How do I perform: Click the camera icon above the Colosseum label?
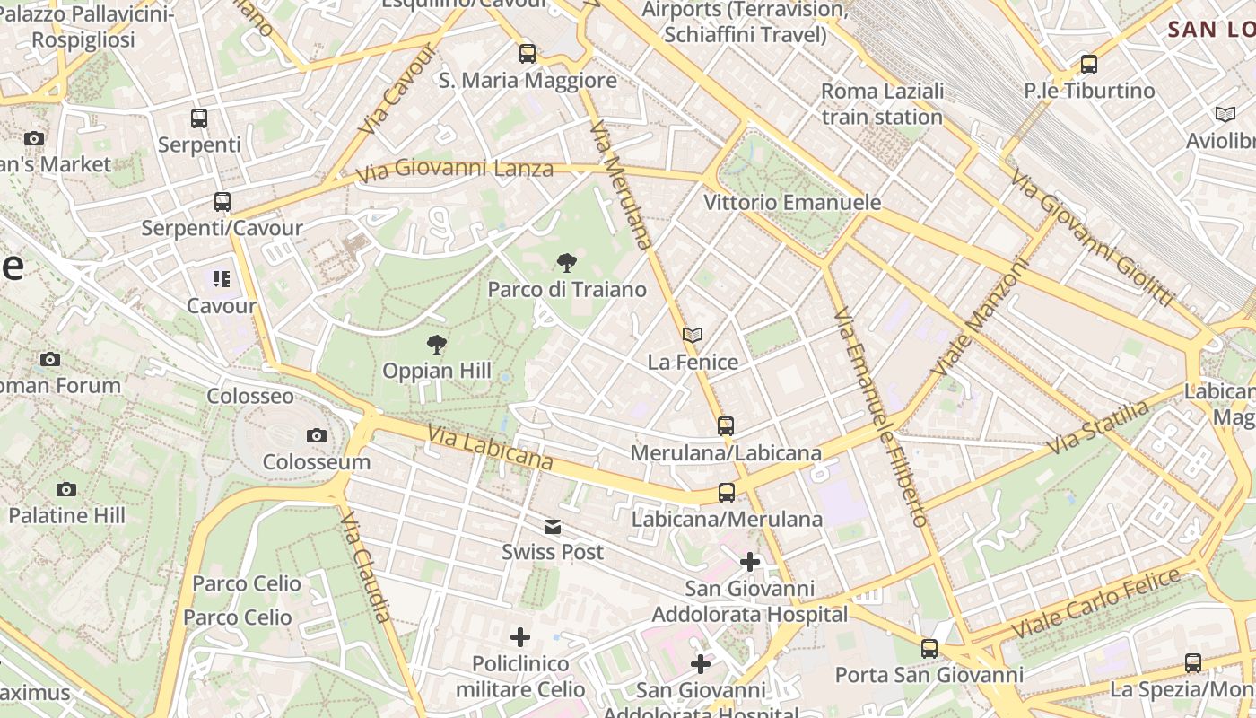pos(316,435)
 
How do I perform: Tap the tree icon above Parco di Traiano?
pos(566,263)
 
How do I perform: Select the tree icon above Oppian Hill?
pos(437,345)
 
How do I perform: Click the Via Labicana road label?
pos(490,447)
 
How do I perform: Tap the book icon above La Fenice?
pos(692,335)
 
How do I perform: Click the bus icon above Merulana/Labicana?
pos(726,426)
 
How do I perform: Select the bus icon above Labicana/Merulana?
pos(726,493)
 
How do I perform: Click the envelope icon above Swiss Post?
pos(553,526)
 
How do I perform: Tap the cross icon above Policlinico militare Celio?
pos(520,637)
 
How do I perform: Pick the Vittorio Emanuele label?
pos(792,203)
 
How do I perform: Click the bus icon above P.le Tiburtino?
pos(1089,65)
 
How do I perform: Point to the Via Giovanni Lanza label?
pos(454,170)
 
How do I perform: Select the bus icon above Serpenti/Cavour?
pos(222,202)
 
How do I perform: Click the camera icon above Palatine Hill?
pos(65,489)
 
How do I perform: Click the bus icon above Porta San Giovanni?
pos(929,648)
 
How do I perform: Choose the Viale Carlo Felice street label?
pos(1096,603)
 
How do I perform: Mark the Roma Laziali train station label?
pos(882,104)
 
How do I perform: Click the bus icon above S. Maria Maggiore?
pos(528,54)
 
